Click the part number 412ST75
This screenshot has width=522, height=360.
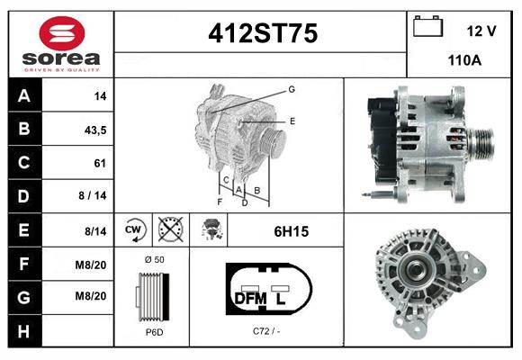click(x=263, y=34)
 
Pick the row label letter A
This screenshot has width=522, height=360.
click(x=23, y=95)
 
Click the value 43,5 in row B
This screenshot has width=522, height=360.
click(x=94, y=130)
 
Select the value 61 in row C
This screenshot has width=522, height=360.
click(x=99, y=163)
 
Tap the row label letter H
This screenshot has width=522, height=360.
click(x=23, y=331)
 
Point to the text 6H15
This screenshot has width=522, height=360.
click(x=291, y=231)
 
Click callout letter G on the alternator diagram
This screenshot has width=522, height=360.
click(x=292, y=88)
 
